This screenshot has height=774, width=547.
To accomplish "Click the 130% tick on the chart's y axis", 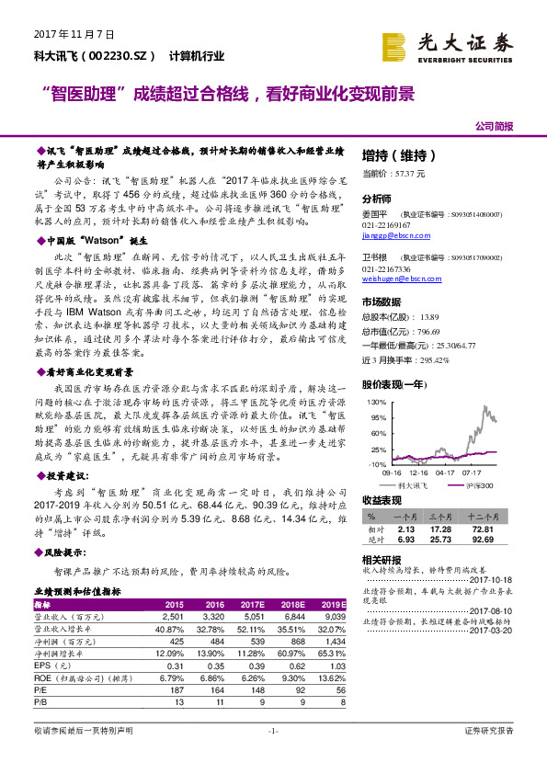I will click(x=376, y=403).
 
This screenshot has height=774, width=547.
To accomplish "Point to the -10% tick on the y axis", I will click(x=377, y=465).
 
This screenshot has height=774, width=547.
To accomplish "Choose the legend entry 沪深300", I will click(x=479, y=484).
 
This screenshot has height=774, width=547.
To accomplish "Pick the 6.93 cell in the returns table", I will click(x=406, y=541).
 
